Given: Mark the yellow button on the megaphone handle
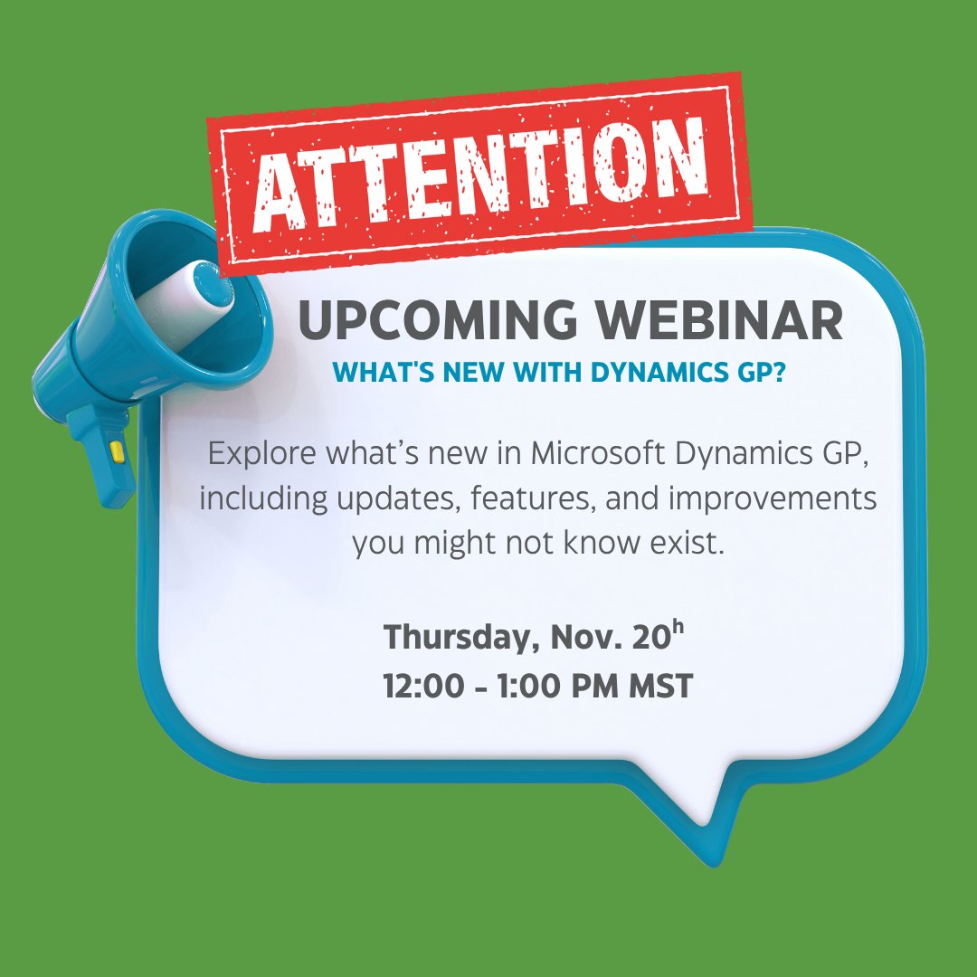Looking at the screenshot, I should pos(115,449).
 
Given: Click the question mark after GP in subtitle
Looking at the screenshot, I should pos(778,371).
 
